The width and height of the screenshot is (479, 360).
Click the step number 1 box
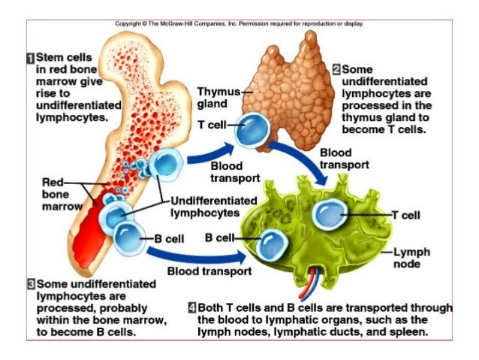(x=31, y=57)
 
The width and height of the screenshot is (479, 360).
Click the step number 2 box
(x=336, y=68)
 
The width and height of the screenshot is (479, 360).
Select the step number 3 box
(x=31, y=284)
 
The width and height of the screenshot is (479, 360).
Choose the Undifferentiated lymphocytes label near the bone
(x=208, y=207)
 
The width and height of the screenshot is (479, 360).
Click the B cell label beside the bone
(x=169, y=238)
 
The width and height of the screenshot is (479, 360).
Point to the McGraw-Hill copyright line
(x=239, y=23)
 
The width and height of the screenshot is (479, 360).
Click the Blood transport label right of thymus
(x=344, y=159)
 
